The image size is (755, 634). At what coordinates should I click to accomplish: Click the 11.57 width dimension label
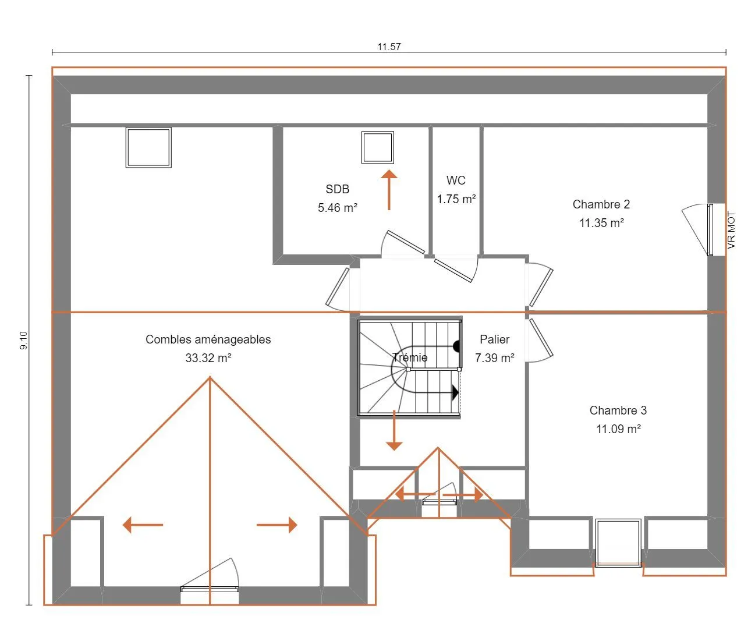click(x=389, y=47)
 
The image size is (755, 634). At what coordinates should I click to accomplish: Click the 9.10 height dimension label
click(x=23, y=341)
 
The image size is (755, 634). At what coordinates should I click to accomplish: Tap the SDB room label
click(x=338, y=189)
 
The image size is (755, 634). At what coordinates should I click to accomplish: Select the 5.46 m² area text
click(x=338, y=208)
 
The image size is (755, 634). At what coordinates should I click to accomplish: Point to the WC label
click(x=456, y=180)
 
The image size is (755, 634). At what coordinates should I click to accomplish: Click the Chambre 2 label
click(x=601, y=204)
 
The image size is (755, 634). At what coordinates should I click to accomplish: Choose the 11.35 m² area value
click(x=602, y=223)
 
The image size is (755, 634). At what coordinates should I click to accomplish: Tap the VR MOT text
click(x=731, y=230)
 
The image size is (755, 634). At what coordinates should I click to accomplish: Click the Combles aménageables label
click(x=208, y=339)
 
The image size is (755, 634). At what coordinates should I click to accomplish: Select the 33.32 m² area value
click(x=208, y=357)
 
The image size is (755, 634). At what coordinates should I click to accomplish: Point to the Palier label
click(x=494, y=339)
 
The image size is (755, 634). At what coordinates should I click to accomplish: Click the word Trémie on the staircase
click(x=410, y=357)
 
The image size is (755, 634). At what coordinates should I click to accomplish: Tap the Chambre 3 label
click(x=618, y=410)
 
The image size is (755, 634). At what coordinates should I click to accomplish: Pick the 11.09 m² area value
click(x=618, y=429)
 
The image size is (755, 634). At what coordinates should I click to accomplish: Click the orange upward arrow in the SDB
click(x=389, y=190)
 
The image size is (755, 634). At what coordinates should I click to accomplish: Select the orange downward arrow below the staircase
click(x=394, y=430)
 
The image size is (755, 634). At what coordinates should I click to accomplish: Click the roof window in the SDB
click(x=377, y=147)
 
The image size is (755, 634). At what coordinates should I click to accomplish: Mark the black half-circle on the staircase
click(x=457, y=346)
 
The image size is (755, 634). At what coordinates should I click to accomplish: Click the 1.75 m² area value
click(x=456, y=199)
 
